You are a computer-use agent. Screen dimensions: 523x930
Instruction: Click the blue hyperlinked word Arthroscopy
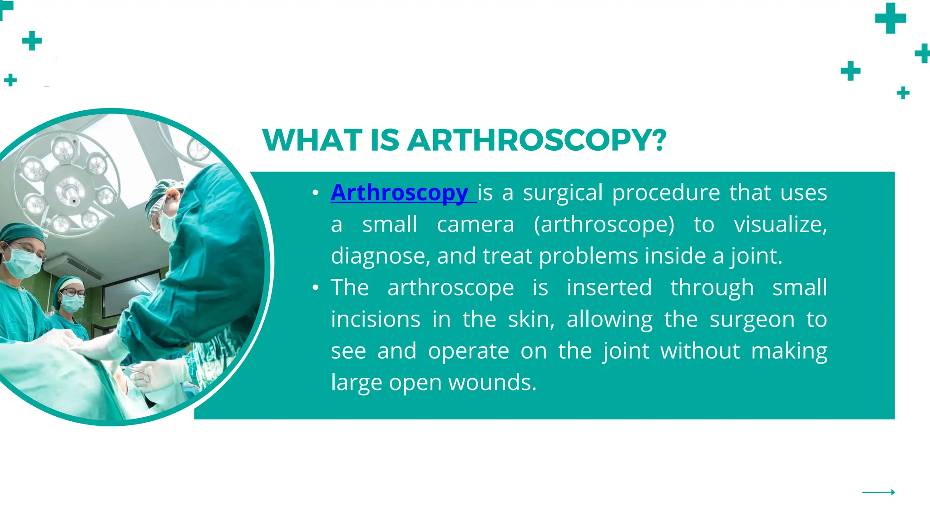(400, 193)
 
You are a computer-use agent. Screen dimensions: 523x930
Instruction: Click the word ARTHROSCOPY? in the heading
(537, 140)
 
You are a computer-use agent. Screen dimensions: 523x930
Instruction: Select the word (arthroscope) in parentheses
(604, 225)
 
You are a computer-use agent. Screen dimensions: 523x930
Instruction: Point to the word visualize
(780, 225)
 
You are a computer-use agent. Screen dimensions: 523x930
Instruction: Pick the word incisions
(376, 319)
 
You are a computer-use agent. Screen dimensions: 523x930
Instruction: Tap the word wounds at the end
(492, 383)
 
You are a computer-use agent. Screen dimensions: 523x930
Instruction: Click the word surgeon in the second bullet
(752, 319)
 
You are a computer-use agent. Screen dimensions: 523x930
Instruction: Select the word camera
(475, 225)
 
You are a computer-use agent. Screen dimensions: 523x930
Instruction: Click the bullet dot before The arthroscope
(316, 288)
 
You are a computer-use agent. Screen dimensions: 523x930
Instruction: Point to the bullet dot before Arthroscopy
(316, 193)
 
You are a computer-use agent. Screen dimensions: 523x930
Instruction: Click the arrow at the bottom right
(878, 492)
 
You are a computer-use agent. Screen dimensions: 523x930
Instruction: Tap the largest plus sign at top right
(890, 18)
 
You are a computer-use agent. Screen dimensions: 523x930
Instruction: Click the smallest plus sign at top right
(903, 93)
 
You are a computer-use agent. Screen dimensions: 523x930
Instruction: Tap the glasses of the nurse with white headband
(73, 293)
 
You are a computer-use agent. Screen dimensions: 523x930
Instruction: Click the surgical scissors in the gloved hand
(141, 375)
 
